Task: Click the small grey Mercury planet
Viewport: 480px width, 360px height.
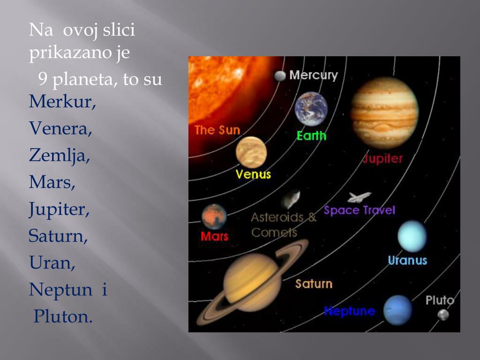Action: (280, 76)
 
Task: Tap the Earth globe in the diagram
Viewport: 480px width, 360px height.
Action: (311, 109)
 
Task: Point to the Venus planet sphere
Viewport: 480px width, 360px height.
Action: (251, 152)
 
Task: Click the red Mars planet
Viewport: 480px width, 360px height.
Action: (214, 217)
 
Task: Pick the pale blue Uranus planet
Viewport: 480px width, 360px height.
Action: (412, 236)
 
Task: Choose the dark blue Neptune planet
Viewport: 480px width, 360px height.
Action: (397, 310)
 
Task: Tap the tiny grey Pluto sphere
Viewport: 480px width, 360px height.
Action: (443, 315)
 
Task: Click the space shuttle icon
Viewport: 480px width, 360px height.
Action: (359, 197)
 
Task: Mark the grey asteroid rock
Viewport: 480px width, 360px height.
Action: (291, 199)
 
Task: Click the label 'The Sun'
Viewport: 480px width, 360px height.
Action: (217, 130)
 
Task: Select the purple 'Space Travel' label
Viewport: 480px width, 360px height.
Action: (360, 210)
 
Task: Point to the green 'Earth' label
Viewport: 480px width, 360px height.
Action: (311, 135)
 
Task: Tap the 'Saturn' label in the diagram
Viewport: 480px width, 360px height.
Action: (314, 284)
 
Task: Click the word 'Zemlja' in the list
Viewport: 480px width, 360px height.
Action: (60, 156)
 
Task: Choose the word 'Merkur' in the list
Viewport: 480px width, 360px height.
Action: (62, 101)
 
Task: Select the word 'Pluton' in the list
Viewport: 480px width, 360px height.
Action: (63, 316)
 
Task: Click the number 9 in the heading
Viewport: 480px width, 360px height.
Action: (43, 78)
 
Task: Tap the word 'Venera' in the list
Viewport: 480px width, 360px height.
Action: (60, 128)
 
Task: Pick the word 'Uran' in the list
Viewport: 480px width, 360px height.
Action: (52, 262)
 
